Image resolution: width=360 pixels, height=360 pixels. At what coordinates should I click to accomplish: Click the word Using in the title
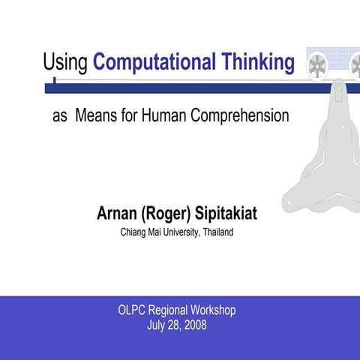click(x=66, y=62)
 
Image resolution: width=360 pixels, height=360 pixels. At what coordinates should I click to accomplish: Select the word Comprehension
click(x=240, y=117)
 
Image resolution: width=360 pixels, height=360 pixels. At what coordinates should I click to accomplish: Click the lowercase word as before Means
click(x=60, y=118)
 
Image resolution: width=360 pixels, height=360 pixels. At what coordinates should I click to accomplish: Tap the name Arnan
click(x=118, y=214)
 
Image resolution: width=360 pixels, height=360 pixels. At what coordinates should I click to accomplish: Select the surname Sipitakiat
click(x=227, y=214)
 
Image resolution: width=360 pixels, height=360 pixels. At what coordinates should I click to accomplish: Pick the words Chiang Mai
click(x=140, y=232)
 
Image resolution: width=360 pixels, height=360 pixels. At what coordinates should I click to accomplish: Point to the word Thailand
click(x=218, y=232)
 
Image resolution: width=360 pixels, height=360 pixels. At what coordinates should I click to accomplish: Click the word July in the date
click(x=157, y=325)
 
